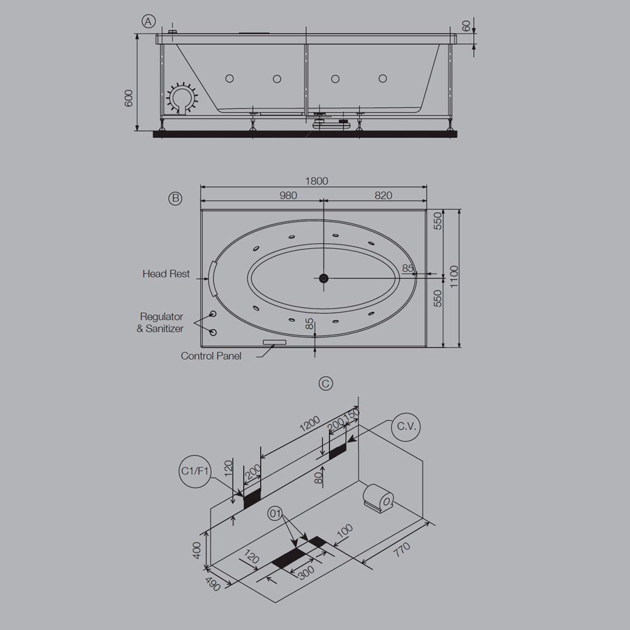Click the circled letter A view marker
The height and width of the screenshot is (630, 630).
[149, 22]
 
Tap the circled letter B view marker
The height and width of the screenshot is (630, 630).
[175, 198]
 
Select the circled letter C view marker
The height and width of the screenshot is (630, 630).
[326, 384]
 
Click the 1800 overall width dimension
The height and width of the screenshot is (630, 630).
[317, 181]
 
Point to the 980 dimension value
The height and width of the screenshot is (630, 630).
[287, 196]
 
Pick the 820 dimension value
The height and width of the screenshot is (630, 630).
[383, 196]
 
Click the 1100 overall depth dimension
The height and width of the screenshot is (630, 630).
[454, 278]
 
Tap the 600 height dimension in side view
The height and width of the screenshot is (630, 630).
[129, 98]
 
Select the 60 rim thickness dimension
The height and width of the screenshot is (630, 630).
[466, 26]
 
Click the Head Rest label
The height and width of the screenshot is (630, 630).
[166, 274]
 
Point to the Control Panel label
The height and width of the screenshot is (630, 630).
[211, 356]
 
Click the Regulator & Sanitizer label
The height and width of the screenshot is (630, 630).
[161, 322]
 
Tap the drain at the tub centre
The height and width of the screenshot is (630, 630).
[323, 278]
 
